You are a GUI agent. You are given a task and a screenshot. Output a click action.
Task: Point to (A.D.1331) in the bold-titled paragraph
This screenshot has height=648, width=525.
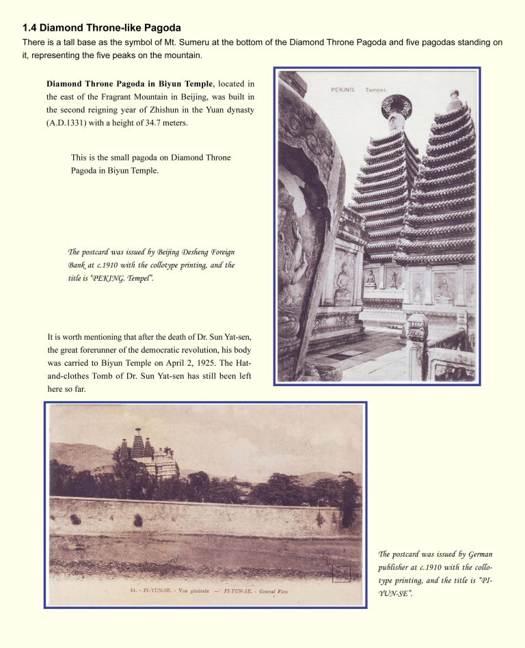click(x=68, y=122)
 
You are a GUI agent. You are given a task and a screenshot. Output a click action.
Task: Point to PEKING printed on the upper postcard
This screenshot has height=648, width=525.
click(x=342, y=90)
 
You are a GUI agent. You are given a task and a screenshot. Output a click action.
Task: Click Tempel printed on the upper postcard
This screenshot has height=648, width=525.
click(x=375, y=90)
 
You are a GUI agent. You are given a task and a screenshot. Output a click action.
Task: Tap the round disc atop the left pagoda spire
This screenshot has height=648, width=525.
click(x=396, y=106)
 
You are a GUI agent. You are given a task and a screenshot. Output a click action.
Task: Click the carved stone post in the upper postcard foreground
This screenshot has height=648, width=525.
click(x=417, y=342)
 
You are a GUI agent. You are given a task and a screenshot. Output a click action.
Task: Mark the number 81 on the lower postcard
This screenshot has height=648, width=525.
click(x=133, y=590)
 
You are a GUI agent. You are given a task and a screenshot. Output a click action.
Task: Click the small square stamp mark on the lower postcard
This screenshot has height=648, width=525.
click(x=341, y=573)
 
